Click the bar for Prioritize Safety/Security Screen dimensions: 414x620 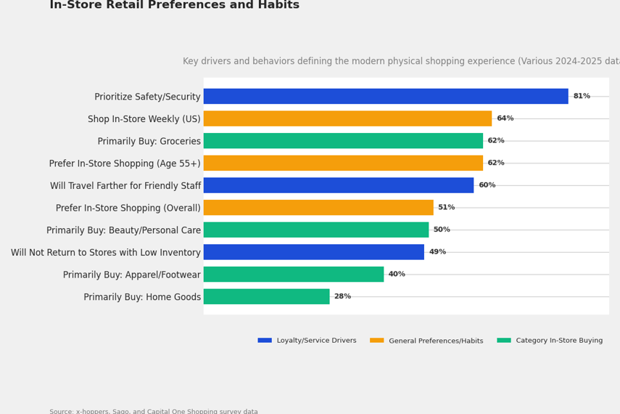point(386,97)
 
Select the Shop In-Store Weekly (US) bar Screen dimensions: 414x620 point(347,118)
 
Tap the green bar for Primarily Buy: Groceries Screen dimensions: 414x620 point(343,141)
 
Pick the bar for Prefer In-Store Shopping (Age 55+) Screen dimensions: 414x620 point(343,163)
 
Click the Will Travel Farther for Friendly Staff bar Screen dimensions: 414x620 point(339,185)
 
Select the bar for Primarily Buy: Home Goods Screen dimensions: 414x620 point(266,296)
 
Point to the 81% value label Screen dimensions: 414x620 point(582,97)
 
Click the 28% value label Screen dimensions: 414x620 point(342,296)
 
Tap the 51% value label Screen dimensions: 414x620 point(446,208)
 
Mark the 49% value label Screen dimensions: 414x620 point(437,252)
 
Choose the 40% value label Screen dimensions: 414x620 point(397,275)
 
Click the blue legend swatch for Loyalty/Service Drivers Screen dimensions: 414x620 point(265,341)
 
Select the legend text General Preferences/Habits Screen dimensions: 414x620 point(436,341)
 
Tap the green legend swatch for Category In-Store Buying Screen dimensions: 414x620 point(504,341)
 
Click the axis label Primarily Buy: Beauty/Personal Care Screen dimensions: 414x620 point(123,230)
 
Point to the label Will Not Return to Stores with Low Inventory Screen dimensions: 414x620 point(106,253)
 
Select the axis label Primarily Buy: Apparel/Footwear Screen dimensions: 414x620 point(132,275)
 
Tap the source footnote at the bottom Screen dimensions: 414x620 point(154,411)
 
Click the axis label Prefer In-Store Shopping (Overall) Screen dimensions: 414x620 point(128,208)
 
